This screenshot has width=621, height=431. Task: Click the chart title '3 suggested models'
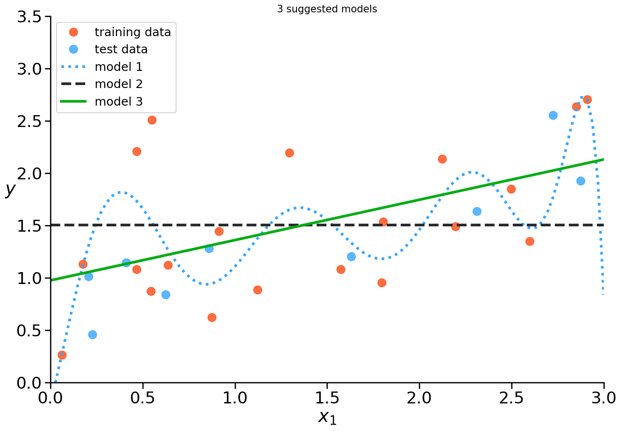[x=327, y=10]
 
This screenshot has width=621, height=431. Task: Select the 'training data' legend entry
[x=132, y=32]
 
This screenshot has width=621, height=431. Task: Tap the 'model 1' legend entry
[x=118, y=67]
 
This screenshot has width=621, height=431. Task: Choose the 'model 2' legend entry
[x=118, y=84]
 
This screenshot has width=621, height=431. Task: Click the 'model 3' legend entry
[x=118, y=101]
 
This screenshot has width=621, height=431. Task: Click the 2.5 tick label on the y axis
[x=30, y=121]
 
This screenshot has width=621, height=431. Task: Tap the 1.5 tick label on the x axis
[x=327, y=397]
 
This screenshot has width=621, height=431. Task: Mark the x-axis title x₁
[x=327, y=417]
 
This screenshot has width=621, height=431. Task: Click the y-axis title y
[x=10, y=189]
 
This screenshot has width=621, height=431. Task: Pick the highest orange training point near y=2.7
[x=587, y=99]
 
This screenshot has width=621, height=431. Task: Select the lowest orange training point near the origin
[x=62, y=355]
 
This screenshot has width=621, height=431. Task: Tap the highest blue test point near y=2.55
[x=553, y=115]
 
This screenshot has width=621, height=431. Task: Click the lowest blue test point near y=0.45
[x=92, y=334]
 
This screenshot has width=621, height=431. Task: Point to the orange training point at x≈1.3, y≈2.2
[x=289, y=153]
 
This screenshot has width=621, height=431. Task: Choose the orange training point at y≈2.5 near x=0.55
[x=152, y=120]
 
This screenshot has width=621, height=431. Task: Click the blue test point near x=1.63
[x=351, y=256]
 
